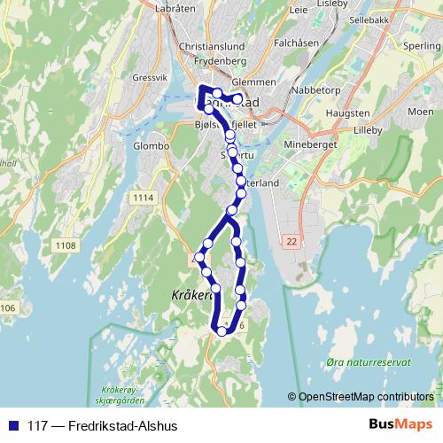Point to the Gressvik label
click(x=149, y=77)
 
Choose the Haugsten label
click(x=347, y=114)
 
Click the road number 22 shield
click(x=291, y=240)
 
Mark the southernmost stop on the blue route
click(x=222, y=331)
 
